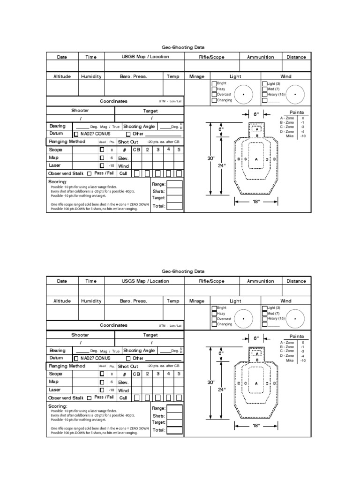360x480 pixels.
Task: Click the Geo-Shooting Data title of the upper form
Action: pos(183,47)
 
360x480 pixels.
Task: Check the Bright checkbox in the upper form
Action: pos(214,83)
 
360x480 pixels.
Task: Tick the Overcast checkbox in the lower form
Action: pos(214,318)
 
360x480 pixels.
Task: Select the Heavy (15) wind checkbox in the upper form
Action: pos(264,94)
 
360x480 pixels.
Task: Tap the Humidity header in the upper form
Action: pos(91,76)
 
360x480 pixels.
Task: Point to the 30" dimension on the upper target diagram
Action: pos(210,158)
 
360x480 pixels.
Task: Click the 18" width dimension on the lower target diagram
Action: pos(255,426)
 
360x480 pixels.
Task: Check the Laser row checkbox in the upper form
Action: pos(102,165)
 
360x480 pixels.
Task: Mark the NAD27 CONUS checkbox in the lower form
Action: pos(76,358)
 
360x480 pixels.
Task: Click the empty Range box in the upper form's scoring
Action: pos(174,184)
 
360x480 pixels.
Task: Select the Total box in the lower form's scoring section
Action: pos(174,430)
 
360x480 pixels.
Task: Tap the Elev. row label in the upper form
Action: pos(123,158)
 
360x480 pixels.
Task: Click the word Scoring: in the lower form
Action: pos(58,406)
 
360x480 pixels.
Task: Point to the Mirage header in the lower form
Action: pos(197,301)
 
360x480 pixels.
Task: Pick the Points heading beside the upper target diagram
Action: pos(297,112)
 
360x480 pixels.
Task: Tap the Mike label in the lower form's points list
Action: pos(290,360)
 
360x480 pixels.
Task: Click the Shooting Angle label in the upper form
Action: pos(139,127)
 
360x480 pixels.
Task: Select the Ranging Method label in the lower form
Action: pos(67,366)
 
